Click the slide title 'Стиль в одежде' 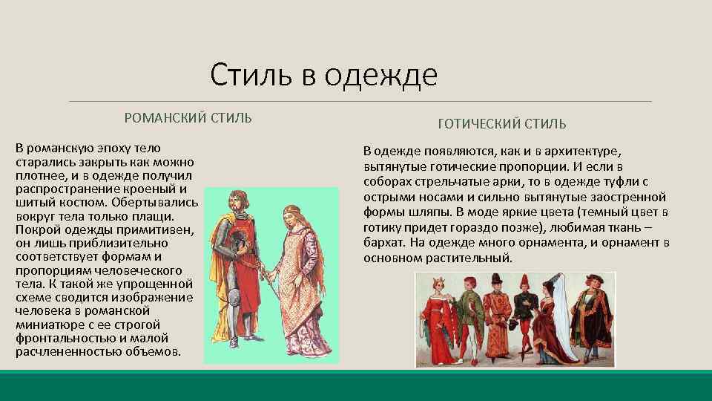click(324, 74)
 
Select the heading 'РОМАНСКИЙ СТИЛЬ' click(188, 118)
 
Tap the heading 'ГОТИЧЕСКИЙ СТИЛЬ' click(502, 123)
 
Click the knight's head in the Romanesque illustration click(235, 200)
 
